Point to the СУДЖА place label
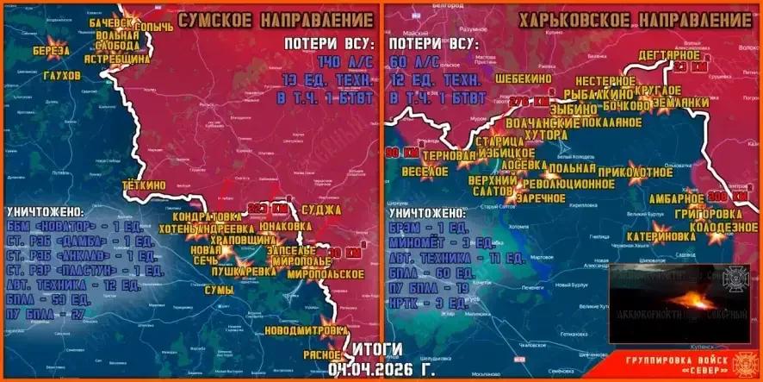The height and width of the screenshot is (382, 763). pos(322,210)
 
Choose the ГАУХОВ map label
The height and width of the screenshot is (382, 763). pos(61,76)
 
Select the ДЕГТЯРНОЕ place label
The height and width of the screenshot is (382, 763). pos(669,55)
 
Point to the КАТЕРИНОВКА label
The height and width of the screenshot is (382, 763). pos(661,235)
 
